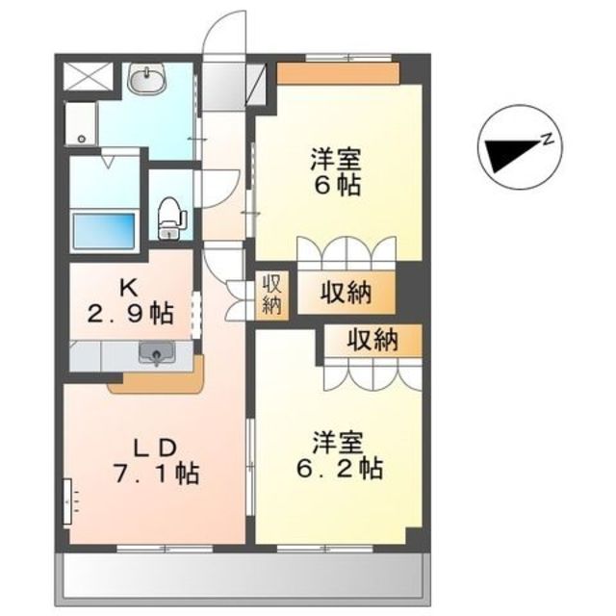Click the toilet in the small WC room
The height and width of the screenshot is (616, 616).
pos(170,216)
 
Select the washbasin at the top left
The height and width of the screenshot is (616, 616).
pos(146,81)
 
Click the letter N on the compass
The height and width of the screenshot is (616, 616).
pos(546,139)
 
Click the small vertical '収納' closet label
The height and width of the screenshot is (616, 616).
pos(272,295)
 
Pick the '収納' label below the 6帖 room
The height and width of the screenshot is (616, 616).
pos(346,295)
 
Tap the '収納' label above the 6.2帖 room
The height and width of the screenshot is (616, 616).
pos(372,340)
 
